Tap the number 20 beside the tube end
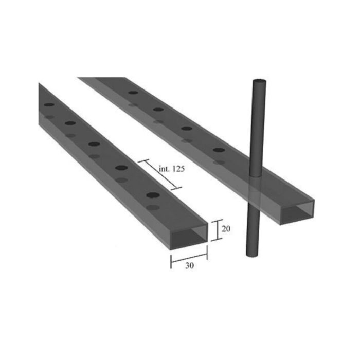(x=225, y=229)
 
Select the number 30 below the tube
(x=189, y=266)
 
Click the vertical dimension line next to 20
(x=216, y=230)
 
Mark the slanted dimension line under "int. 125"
(x=160, y=174)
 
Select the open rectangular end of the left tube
(x=189, y=236)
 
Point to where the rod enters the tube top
(x=256, y=175)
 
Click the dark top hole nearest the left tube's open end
(x=153, y=195)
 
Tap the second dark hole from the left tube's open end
(x=122, y=168)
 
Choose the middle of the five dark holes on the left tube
(x=94, y=144)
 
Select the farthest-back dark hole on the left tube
(x=49, y=105)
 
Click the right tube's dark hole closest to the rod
(x=219, y=150)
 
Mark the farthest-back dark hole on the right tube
(x=133, y=93)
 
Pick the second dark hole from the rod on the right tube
(x=187, y=128)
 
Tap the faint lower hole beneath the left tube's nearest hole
(x=153, y=207)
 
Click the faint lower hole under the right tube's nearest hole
(x=219, y=162)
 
